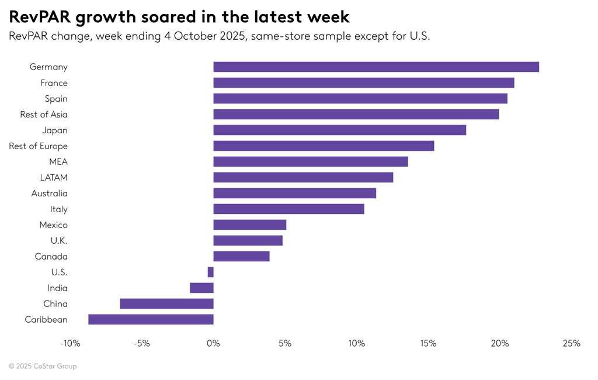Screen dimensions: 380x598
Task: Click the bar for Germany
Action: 376,67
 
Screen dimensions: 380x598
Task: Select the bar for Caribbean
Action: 151,319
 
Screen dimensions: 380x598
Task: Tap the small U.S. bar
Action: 211,272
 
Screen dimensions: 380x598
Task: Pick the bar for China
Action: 166,303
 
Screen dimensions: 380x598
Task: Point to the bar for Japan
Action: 340,130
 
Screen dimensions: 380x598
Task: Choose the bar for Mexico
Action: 250,225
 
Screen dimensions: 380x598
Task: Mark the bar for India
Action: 201,288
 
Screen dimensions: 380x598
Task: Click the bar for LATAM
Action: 303,178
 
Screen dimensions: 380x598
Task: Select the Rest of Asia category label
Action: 44,115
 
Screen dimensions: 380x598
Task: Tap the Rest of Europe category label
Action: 38,146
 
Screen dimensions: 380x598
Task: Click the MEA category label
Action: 58,162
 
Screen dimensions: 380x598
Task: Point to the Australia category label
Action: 49,194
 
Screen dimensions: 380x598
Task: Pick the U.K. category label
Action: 59,241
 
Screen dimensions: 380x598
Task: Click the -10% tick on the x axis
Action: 71,344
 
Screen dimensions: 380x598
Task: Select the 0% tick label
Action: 214,344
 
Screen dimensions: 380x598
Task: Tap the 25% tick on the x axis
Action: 572,344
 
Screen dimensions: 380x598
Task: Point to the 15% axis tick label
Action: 428,344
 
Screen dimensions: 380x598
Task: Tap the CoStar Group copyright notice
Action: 43,367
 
